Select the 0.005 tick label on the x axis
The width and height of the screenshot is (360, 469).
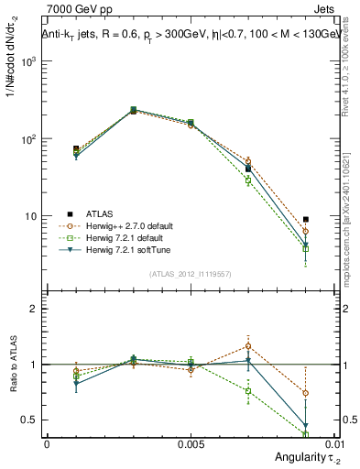point(191,442)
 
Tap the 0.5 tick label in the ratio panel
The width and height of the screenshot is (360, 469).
point(29,420)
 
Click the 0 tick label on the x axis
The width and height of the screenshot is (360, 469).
point(47,442)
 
